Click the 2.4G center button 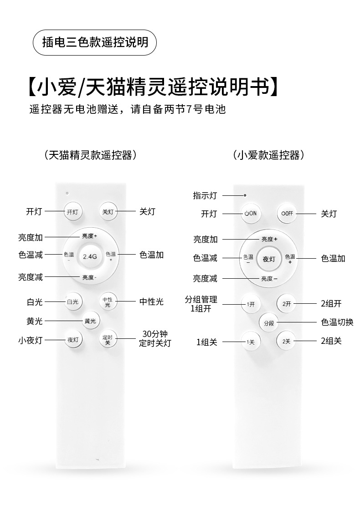tap(90, 256)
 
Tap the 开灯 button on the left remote tap(73, 212)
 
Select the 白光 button tap(73, 301)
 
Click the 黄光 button tap(90, 321)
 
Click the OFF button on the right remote tap(287, 213)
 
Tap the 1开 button tap(250, 304)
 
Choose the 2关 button tap(286, 341)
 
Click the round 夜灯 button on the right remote tap(269, 259)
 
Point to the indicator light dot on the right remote tap(245, 195)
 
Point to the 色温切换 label tap(337, 322)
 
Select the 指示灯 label tap(205, 195)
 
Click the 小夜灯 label tap(31, 340)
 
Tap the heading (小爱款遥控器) tap(268, 155)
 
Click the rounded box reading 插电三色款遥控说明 tap(95, 42)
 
